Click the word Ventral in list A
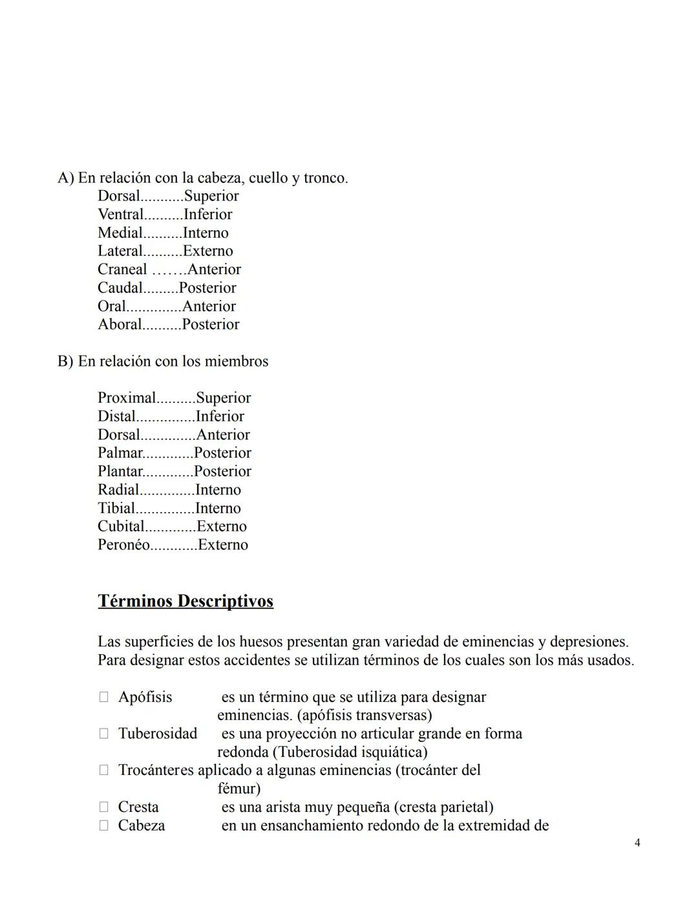click(x=120, y=215)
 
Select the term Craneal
click(x=122, y=270)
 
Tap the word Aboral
click(x=119, y=324)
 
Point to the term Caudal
click(x=120, y=288)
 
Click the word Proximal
click(x=127, y=398)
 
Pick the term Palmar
click(x=120, y=453)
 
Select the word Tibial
click(x=116, y=509)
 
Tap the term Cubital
click(x=121, y=527)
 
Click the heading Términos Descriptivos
click(x=185, y=601)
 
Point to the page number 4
click(x=637, y=843)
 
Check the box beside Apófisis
click(x=103, y=697)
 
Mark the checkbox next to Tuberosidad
click(x=103, y=734)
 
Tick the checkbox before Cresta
click(x=103, y=807)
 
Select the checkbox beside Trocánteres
click(x=103, y=770)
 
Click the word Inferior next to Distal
click(x=220, y=417)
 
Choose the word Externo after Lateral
click(x=207, y=251)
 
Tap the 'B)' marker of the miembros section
click(x=65, y=361)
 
